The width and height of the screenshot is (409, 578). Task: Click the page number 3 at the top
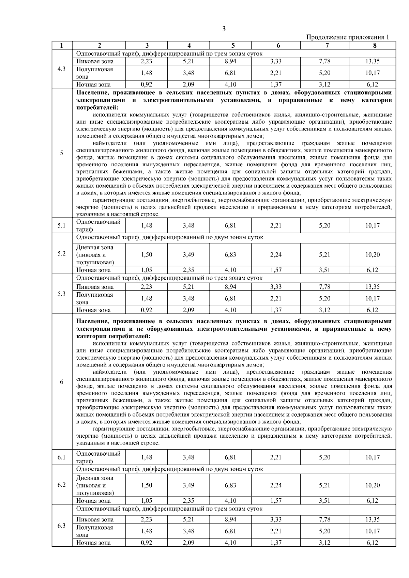[x=224, y=29]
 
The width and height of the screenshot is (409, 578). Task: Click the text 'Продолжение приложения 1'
[x=348, y=37]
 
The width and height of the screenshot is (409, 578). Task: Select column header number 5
[x=231, y=45]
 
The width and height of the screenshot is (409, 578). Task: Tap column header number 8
[x=373, y=45]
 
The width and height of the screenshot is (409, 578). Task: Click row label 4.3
[x=62, y=69]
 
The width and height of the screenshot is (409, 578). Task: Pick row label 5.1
[x=62, y=225]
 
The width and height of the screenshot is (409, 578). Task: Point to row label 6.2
[x=62, y=485]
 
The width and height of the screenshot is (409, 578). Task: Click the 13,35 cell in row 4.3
[x=373, y=61]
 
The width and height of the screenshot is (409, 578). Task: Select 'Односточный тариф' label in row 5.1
[x=99, y=225]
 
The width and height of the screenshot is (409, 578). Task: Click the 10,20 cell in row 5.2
[x=373, y=255]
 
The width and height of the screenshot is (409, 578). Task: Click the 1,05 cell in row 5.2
[x=147, y=270]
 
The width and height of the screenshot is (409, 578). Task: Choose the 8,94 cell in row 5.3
[x=231, y=287]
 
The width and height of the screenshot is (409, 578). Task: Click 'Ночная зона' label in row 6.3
[x=93, y=543]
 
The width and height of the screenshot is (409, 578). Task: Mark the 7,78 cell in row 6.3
[x=324, y=519]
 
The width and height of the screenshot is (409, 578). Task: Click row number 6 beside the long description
[x=62, y=382]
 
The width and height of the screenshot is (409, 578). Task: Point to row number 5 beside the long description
[x=62, y=153]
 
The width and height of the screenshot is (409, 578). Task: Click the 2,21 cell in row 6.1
[x=276, y=457]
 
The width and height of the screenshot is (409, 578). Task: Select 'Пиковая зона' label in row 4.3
[x=95, y=61]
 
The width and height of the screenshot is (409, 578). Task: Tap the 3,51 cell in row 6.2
[x=324, y=501]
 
